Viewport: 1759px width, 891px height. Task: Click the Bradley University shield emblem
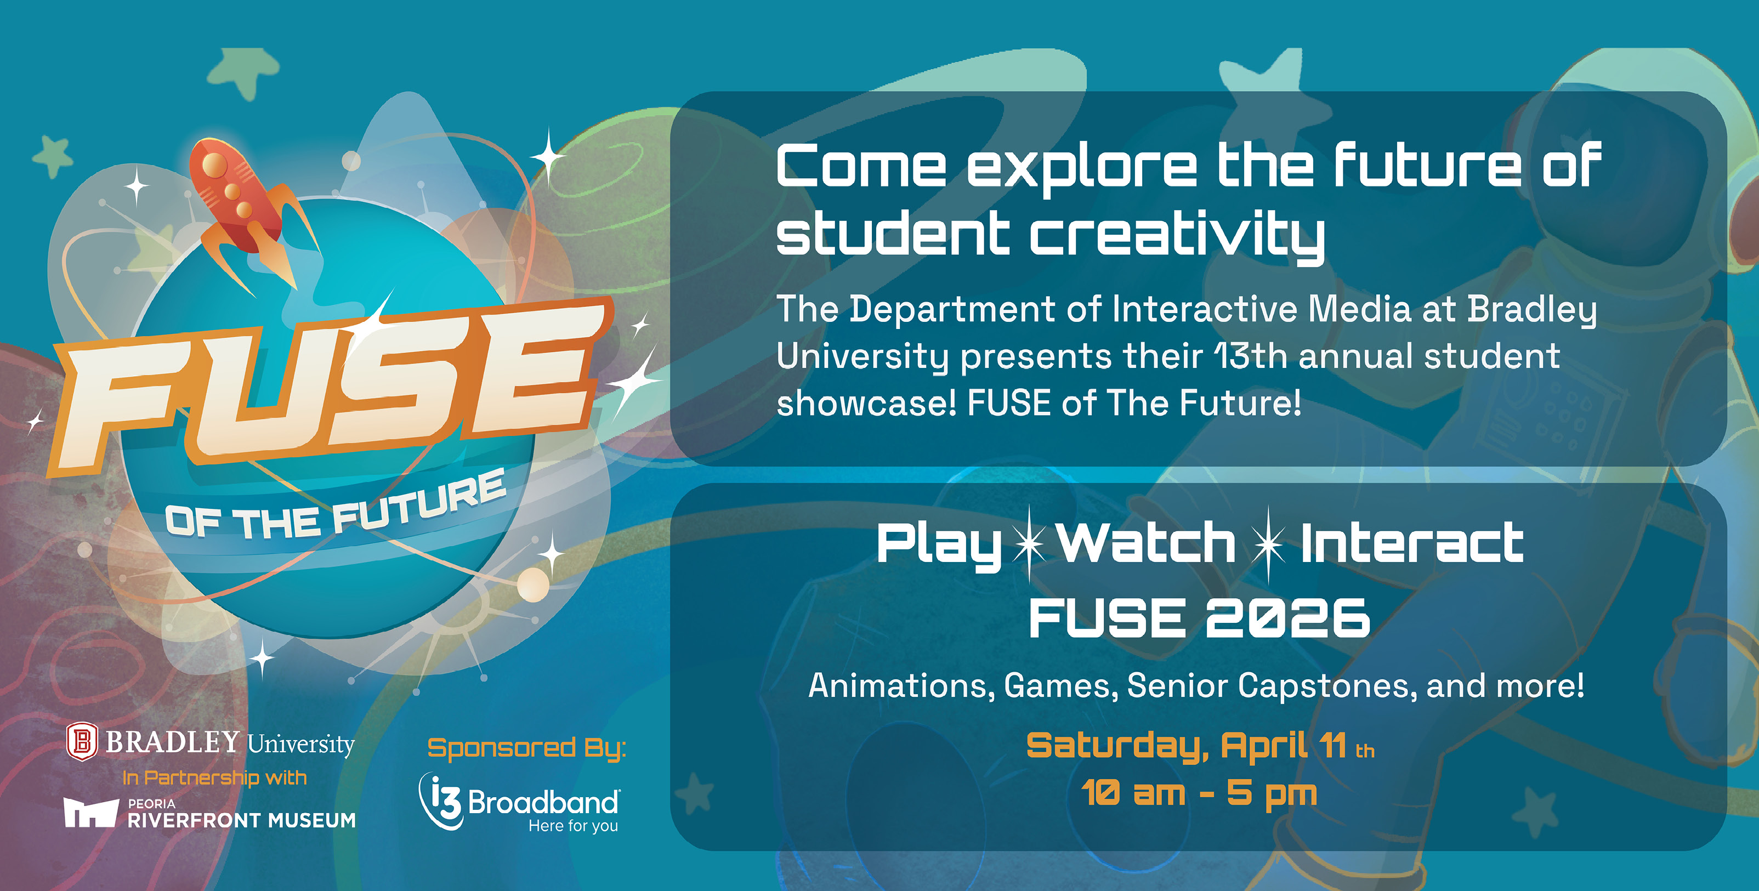(81, 742)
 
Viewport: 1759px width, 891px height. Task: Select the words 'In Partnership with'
(214, 778)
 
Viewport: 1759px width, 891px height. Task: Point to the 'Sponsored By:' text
(526, 748)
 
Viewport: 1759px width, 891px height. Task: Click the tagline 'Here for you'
(573, 826)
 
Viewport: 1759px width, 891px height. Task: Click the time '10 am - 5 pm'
(1199, 793)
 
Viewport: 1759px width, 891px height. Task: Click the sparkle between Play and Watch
(1029, 543)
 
